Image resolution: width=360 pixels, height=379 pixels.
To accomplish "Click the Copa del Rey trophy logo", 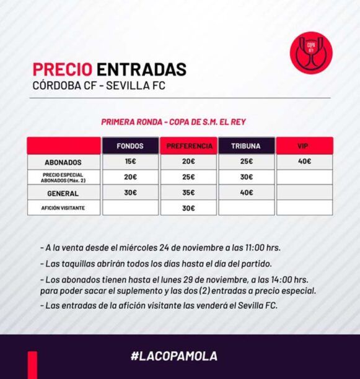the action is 311,53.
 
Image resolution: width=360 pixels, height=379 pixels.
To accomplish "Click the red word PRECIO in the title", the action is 63,69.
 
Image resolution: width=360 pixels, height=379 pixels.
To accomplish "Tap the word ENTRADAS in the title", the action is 142,69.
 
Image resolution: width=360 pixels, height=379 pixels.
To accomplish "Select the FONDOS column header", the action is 130,146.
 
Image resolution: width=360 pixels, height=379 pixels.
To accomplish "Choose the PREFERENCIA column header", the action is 188,146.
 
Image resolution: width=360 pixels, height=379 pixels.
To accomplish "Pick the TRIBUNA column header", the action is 247,146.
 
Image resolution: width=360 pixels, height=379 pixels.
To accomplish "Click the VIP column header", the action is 305,146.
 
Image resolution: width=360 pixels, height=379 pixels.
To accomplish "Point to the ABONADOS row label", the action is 63,162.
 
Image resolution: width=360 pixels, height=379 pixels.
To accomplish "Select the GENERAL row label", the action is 63,193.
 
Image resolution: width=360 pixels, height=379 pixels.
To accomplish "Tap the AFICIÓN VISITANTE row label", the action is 63,208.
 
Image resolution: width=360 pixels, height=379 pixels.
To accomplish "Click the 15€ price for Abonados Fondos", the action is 130,161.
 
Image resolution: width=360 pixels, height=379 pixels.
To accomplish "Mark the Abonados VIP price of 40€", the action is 305,161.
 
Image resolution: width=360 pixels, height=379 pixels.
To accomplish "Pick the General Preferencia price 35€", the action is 188,193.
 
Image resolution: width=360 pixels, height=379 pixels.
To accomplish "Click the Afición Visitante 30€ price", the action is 188,208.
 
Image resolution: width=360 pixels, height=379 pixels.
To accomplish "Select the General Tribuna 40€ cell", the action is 247,193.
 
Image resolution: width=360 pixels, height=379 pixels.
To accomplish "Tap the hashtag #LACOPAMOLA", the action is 174,356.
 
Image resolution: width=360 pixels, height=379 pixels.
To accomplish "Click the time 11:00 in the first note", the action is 255,248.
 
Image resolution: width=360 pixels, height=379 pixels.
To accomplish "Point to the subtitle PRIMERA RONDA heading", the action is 131,122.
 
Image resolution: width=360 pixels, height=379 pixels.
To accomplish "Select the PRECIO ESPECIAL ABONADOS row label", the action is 63,178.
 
